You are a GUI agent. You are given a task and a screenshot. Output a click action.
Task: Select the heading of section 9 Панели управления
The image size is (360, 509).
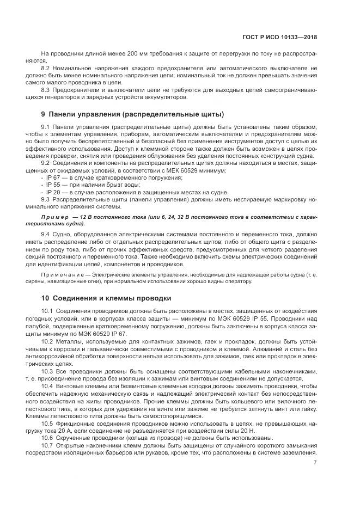[132, 114]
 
